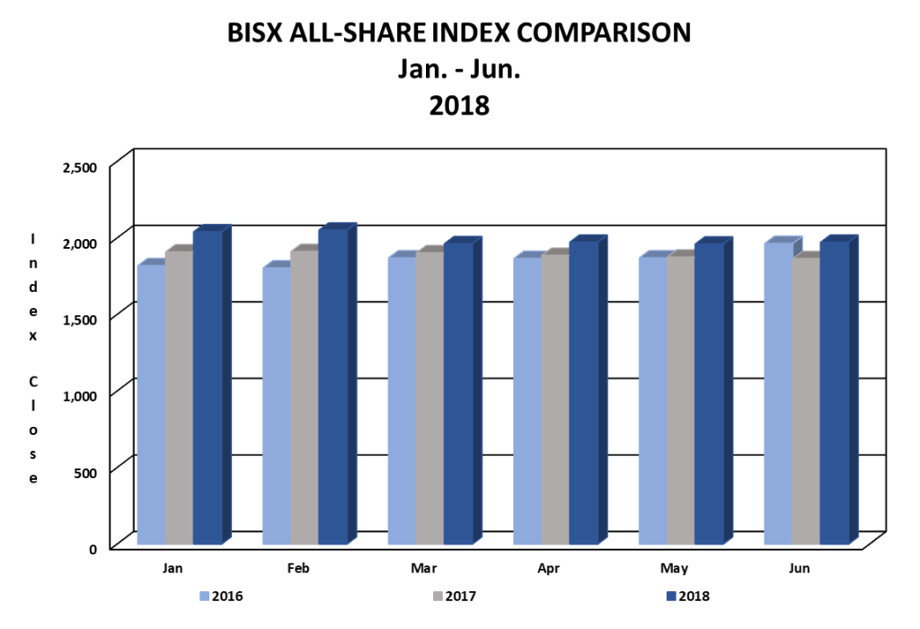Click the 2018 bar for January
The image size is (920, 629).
coord(208,386)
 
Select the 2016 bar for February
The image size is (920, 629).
coord(277,404)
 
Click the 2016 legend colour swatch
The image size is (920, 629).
coord(204,595)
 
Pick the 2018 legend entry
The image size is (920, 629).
coord(696,595)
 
